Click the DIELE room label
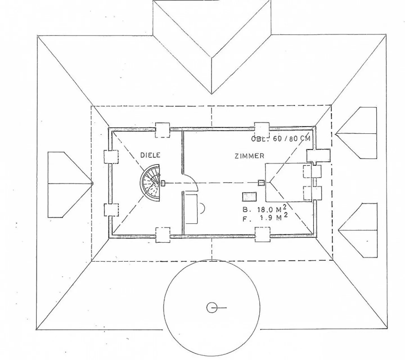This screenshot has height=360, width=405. coord(150,155)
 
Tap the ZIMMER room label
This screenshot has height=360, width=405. coord(249,156)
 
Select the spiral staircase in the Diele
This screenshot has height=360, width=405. coord(151,183)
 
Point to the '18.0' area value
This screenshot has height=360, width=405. coord(266,210)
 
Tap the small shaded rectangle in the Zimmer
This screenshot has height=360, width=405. coord(249,197)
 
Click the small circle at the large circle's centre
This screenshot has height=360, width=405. coord(211,308)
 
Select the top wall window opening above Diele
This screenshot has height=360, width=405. coord(163,130)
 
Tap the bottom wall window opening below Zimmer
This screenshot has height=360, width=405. coord(262,235)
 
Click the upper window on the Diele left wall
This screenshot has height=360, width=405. coord(111,157)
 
